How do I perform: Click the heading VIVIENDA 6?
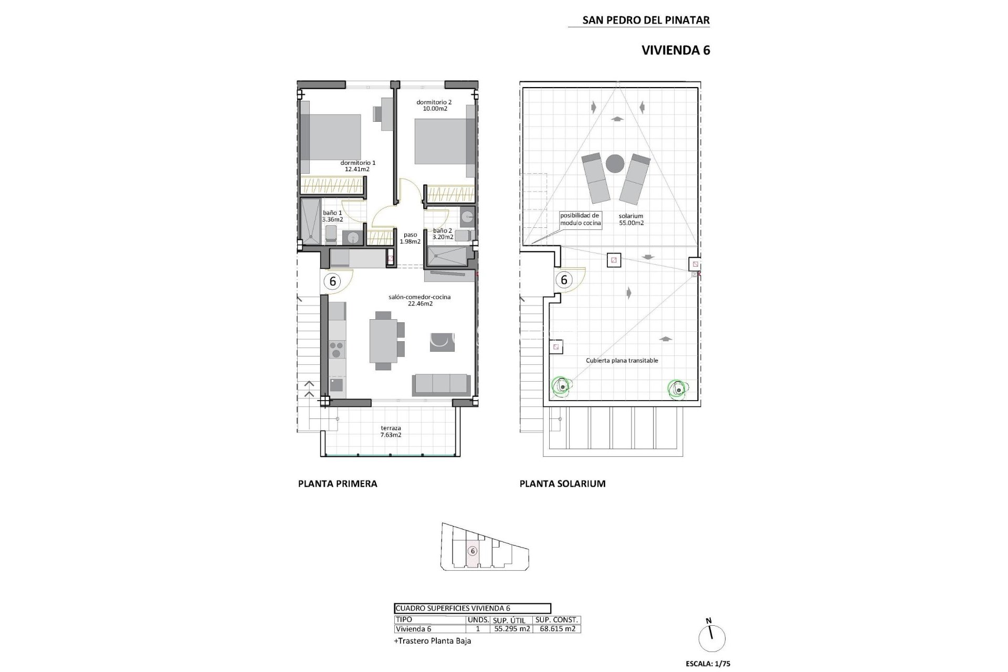676,50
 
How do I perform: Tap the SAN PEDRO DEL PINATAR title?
646,20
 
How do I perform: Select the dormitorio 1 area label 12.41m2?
358,170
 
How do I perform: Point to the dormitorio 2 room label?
434,102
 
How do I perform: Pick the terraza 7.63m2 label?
391,432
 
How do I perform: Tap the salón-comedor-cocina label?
419,297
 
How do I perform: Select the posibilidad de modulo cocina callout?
580,219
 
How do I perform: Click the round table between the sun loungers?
615,164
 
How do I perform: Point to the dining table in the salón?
383,341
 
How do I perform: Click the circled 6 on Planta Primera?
332,281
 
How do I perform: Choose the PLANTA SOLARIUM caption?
562,484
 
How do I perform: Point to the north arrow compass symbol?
712,637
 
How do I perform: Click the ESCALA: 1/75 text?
708,664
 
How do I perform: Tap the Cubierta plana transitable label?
622,361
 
